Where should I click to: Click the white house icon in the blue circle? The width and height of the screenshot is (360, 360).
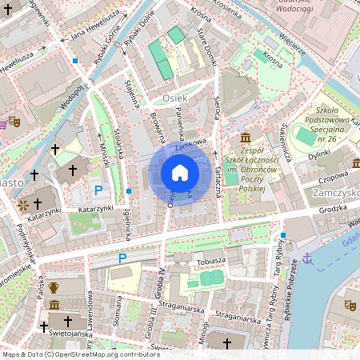click(180, 173)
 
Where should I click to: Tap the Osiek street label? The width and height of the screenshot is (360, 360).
click(174, 98)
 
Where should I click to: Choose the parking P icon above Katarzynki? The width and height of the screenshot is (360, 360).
click(98, 190)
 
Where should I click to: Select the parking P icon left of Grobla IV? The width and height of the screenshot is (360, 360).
click(122, 258)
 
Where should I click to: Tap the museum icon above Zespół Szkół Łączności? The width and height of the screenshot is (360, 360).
click(245, 137)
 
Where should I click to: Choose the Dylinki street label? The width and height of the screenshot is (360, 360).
click(319, 154)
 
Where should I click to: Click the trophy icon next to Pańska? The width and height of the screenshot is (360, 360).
click(54, 287)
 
